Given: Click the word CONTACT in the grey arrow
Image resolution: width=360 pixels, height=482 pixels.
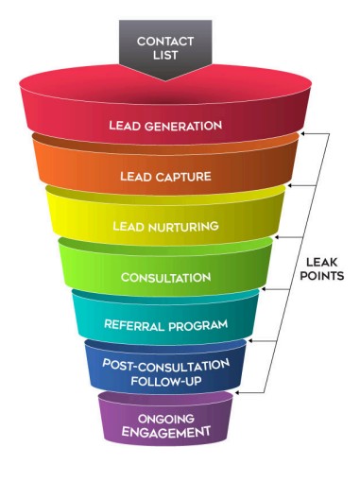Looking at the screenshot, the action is [165, 42].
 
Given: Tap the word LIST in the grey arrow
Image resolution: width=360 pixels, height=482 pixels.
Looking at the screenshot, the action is [165, 55].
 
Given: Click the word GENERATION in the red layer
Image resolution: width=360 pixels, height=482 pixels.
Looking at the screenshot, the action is [182, 126].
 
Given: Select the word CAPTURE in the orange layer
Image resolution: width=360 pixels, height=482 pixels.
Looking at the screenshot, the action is [183, 176].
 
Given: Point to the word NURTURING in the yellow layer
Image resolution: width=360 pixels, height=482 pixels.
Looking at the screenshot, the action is [183, 227].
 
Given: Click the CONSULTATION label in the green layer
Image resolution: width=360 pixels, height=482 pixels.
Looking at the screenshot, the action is [166, 278].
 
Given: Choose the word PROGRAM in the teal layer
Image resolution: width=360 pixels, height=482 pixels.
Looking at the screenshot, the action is [198, 325].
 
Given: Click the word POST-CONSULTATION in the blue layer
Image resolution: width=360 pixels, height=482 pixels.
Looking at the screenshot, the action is [166, 366].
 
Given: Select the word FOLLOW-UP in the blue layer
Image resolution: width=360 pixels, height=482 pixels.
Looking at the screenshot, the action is [166, 382].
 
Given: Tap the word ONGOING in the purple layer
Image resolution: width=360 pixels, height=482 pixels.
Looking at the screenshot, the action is [166, 419].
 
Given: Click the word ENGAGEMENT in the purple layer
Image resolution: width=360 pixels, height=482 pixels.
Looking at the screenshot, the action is [166, 432].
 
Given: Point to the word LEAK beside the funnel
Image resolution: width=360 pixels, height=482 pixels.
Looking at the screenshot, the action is [321, 262].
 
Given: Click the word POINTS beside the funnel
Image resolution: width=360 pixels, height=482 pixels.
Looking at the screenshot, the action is [321, 276].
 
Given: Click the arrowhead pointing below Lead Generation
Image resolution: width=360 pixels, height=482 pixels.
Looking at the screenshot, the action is [303, 134].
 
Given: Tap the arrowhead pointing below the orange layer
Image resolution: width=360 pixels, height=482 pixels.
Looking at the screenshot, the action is [290, 186].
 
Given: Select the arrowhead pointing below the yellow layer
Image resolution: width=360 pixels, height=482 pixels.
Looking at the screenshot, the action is [277, 237].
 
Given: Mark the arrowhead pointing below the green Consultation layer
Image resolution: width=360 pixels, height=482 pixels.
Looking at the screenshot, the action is [264, 289].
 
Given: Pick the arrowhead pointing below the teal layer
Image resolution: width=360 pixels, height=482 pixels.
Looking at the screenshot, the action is [250, 341].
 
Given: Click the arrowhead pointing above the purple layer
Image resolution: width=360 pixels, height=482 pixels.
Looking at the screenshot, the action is [237, 393].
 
